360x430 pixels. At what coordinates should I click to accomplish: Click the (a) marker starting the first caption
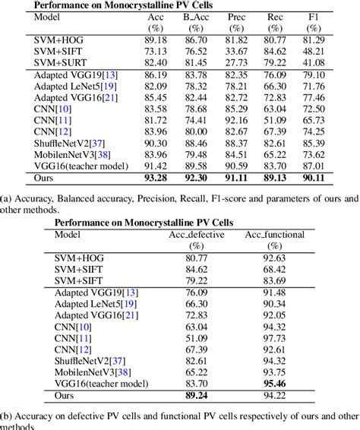[7, 199]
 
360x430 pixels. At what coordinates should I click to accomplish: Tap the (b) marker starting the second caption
[7, 416]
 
